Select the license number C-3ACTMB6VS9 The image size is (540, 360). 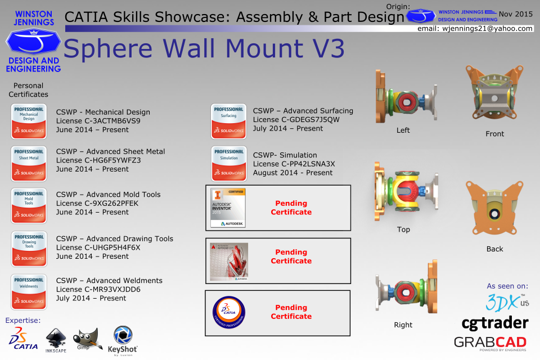coord(98,121)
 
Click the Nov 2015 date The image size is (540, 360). coord(515,13)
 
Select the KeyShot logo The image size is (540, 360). coord(123,340)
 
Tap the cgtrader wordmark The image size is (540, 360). coord(494,323)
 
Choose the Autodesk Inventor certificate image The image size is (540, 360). coord(228,208)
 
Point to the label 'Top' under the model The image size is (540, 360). coord(403,229)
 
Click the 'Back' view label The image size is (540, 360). coord(494,249)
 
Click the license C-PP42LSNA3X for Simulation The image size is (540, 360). coord(294,164)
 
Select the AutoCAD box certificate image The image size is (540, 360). coord(228,262)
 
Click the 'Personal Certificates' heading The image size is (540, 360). coord(28,90)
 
